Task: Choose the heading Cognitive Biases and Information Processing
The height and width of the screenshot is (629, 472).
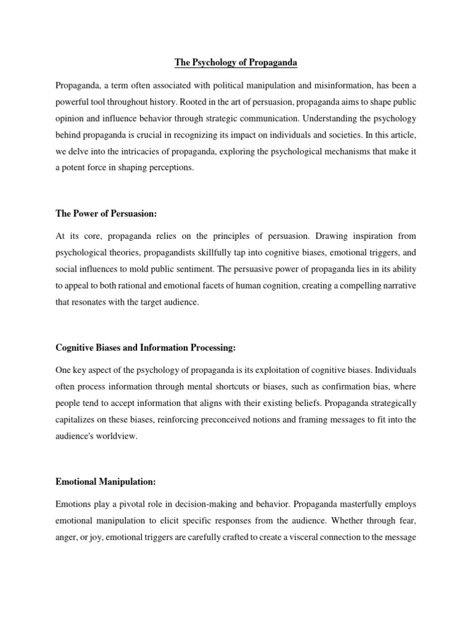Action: [145, 348]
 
